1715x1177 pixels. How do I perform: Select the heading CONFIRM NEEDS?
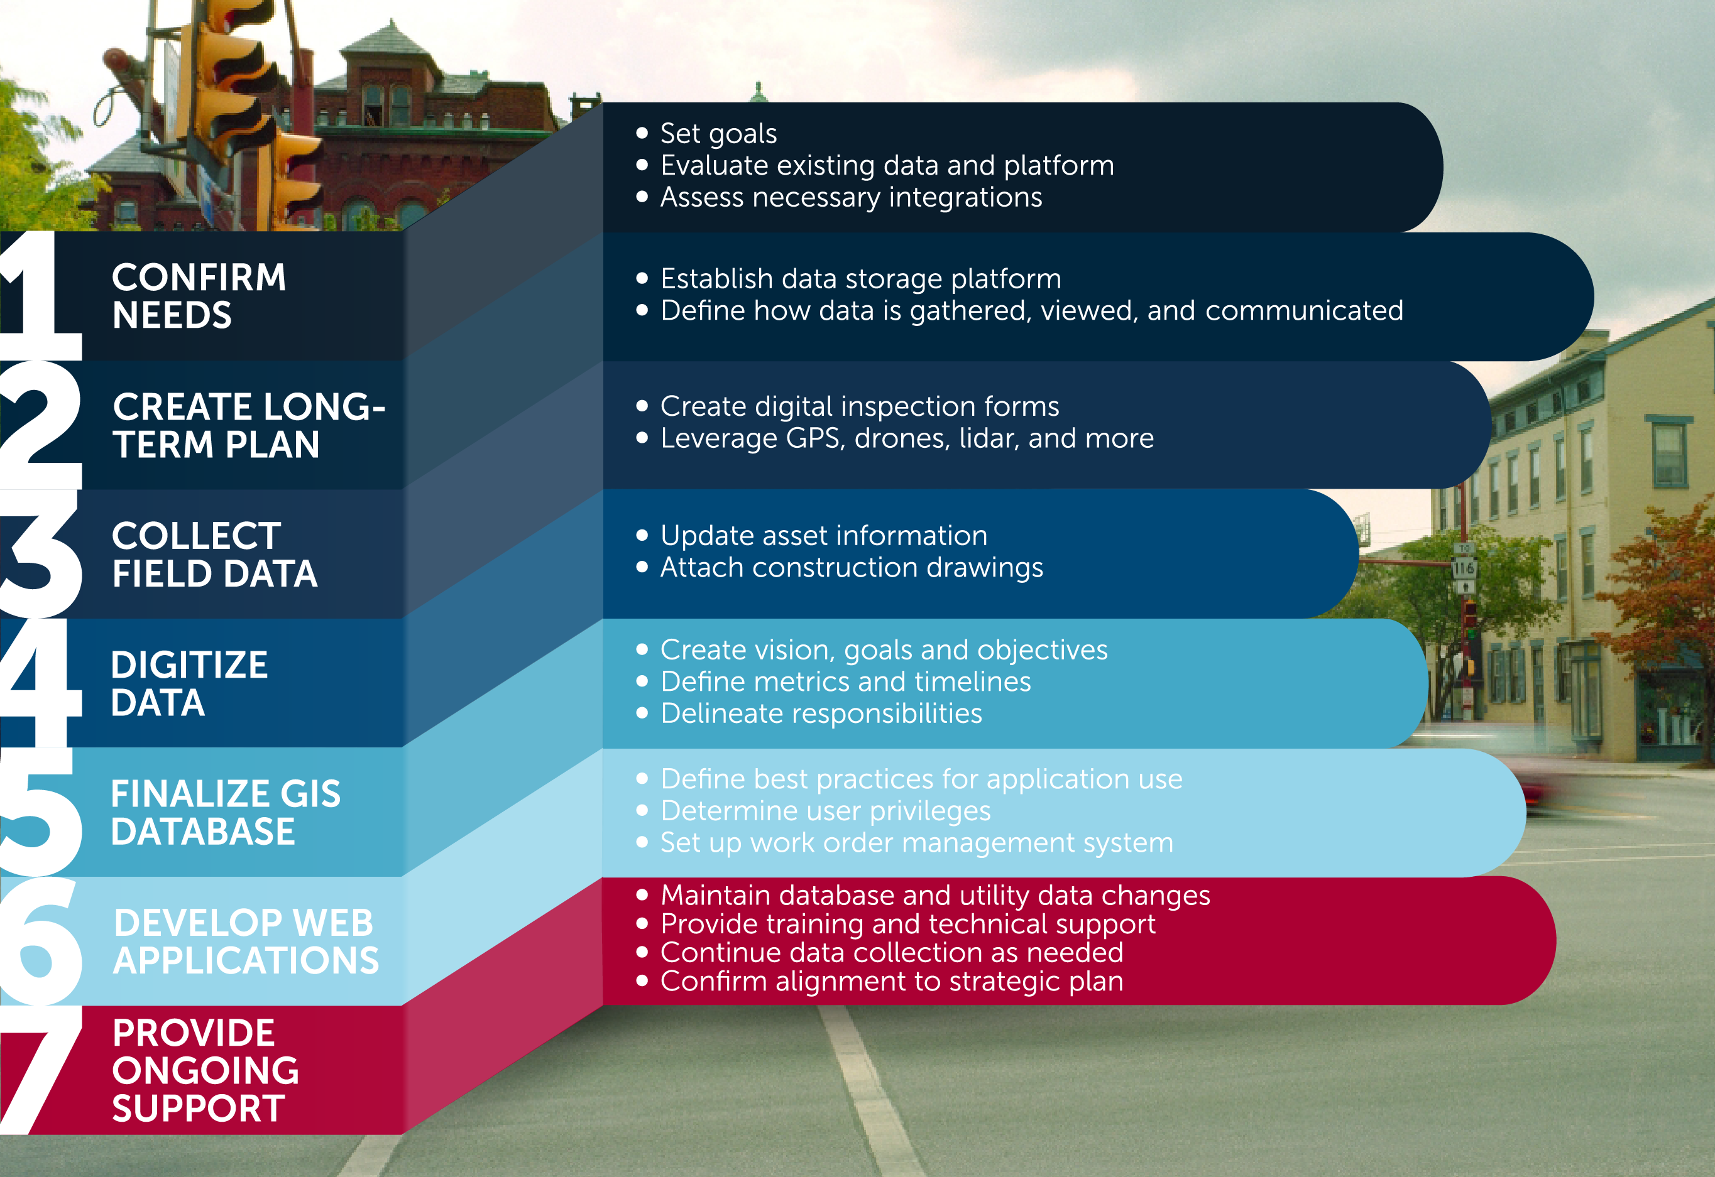[x=199, y=296]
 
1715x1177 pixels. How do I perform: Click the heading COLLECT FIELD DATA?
[x=214, y=555]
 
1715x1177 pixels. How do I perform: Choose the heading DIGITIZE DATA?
[x=189, y=683]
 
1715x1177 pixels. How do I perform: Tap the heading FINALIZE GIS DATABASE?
[x=226, y=813]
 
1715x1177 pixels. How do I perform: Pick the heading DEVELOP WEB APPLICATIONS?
[x=246, y=941]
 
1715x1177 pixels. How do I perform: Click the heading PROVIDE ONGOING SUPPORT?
[x=205, y=1070]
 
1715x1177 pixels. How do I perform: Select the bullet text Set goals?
[x=718, y=134]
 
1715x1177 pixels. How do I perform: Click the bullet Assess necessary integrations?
[x=851, y=197]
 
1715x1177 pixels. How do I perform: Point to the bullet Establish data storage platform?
[x=860, y=279]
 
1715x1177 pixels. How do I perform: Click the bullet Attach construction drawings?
[x=852, y=567]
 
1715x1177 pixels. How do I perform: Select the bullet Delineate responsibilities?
[x=821, y=713]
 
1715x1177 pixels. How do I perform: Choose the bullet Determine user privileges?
[x=825, y=810]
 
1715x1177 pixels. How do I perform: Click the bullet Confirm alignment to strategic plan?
[x=892, y=981]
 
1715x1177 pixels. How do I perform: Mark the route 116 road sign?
[x=1464, y=568]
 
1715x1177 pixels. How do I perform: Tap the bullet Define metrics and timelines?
[x=846, y=681]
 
